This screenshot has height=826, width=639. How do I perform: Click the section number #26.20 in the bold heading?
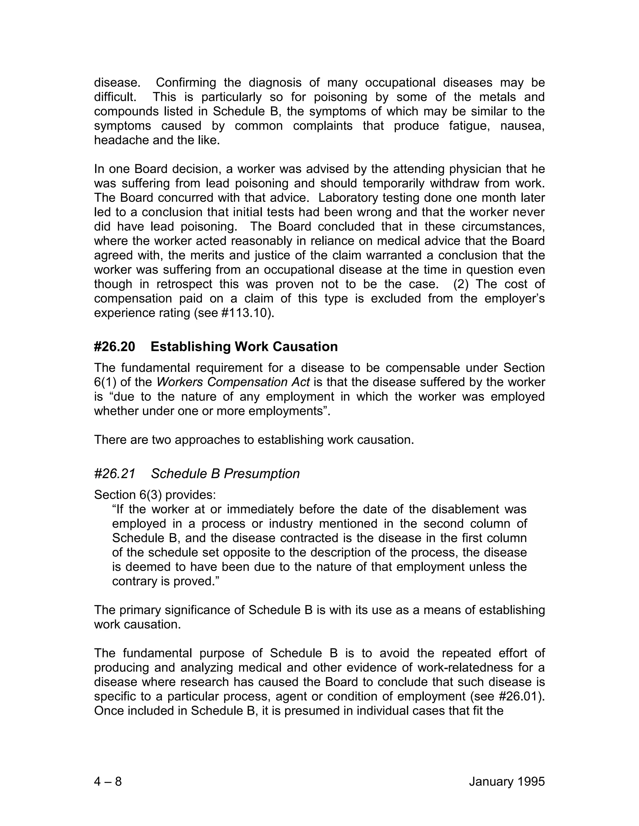click(114, 346)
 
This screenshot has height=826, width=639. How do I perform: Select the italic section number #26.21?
click(114, 473)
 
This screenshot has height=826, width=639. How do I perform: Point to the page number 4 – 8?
click(108, 781)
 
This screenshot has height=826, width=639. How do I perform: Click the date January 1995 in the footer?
click(506, 781)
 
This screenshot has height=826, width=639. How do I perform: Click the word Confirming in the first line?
click(186, 83)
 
